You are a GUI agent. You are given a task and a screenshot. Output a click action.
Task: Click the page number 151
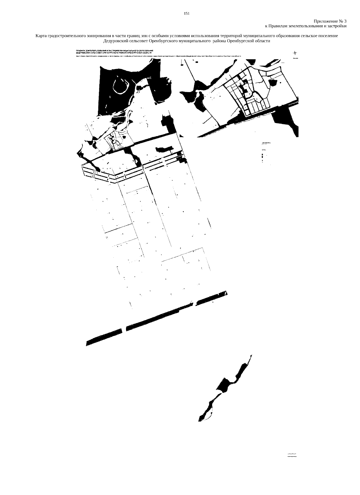(x=187, y=13)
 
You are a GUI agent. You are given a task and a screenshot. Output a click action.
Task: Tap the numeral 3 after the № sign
(x=345, y=21)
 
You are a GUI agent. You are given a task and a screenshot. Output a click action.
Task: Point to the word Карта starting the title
(x=41, y=36)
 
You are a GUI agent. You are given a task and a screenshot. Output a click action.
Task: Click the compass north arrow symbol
(x=295, y=53)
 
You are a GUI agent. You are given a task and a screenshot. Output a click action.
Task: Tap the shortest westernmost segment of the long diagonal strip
(x=104, y=338)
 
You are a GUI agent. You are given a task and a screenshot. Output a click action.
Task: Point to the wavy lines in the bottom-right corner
(x=292, y=456)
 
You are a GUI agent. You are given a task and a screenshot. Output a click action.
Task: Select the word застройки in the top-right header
(x=338, y=26)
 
